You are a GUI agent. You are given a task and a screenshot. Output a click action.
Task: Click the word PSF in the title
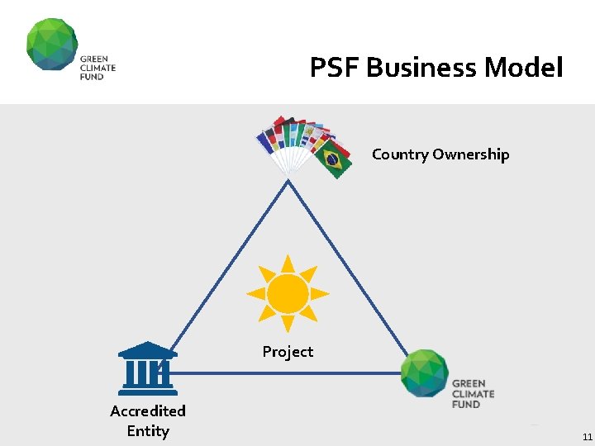click(x=335, y=67)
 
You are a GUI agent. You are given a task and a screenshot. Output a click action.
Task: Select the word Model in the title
click(x=524, y=67)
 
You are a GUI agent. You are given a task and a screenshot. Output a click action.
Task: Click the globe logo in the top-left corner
click(x=51, y=45)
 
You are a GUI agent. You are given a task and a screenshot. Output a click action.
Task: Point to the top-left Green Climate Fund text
click(x=98, y=68)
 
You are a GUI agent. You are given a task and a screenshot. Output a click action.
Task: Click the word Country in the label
click(x=400, y=154)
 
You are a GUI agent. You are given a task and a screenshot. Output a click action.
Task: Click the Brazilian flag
click(x=334, y=159)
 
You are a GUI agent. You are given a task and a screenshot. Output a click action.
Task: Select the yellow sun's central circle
click(x=288, y=293)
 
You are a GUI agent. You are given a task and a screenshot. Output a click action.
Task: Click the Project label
click(x=288, y=352)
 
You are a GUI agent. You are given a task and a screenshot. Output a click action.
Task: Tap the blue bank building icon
click(x=147, y=365)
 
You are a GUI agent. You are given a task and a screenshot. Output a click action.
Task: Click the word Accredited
click(x=148, y=410)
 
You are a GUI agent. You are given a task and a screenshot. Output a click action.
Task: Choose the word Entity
click(x=148, y=431)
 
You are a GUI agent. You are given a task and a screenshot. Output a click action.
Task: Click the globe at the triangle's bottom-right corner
click(x=425, y=373)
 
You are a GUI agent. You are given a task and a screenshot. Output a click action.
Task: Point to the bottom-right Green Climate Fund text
click(x=474, y=393)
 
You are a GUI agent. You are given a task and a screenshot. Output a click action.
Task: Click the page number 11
click(x=587, y=436)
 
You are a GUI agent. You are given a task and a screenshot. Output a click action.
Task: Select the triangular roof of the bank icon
click(x=147, y=349)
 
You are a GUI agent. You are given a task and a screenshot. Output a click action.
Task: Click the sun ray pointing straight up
click(x=288, y=263)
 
